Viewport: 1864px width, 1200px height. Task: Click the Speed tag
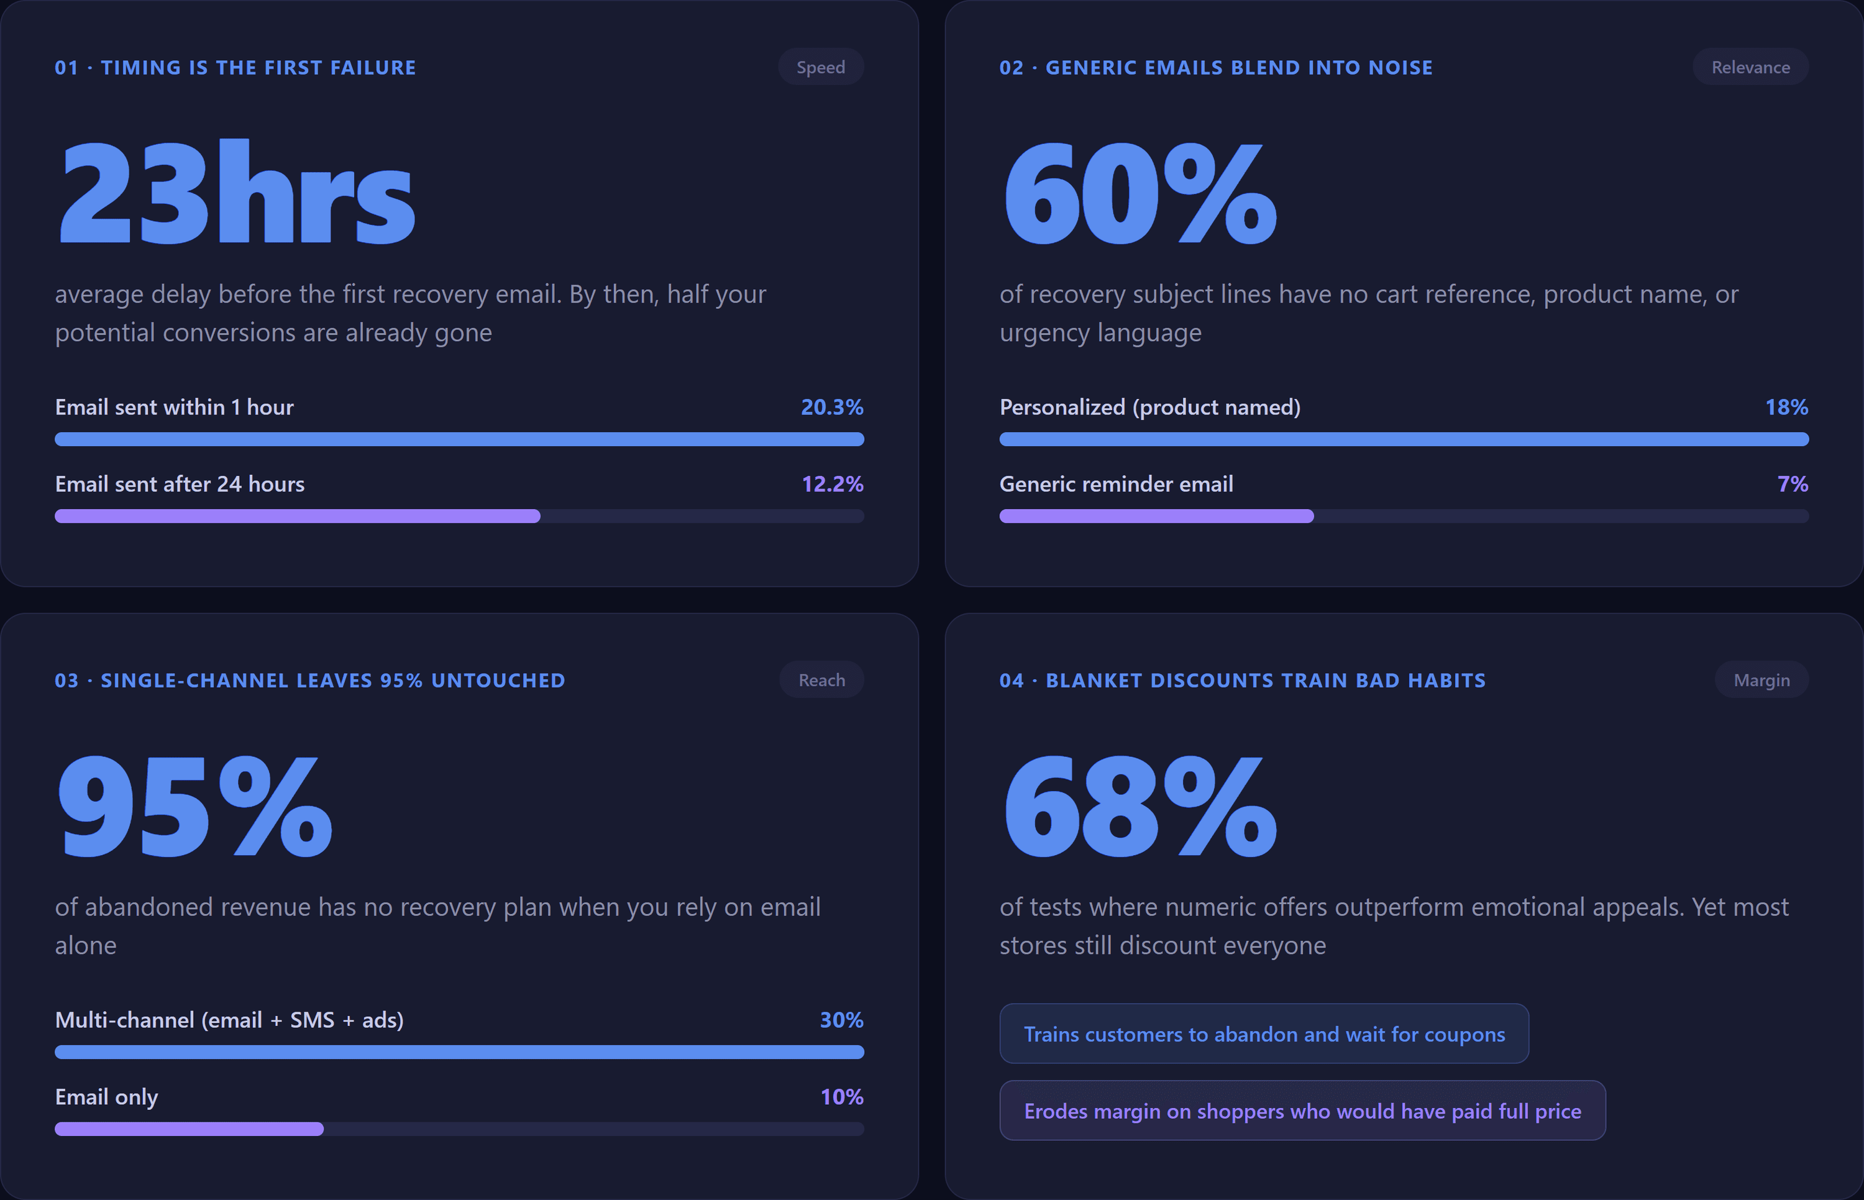820,67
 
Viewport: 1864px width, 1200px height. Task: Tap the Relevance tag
1750,67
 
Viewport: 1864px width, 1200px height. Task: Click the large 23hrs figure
236,191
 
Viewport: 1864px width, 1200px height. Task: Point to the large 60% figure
1140,193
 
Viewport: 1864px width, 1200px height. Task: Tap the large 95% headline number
194,806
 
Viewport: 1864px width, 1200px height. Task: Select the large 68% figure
1140,806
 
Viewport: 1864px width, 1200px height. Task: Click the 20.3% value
832,407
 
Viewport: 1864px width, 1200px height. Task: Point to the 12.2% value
832,484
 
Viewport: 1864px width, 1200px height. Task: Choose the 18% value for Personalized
1786,407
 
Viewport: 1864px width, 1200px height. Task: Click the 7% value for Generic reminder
1793,484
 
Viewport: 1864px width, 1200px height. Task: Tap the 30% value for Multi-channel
841,1019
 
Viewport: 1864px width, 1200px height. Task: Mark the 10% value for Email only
841,1096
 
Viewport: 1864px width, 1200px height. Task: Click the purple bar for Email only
190,1129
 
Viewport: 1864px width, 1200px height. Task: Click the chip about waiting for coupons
1263,1033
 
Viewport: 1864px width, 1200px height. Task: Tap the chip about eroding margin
1302,1111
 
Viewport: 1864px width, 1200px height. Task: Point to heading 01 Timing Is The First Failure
235,68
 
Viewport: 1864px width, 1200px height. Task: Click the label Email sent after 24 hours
180,484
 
